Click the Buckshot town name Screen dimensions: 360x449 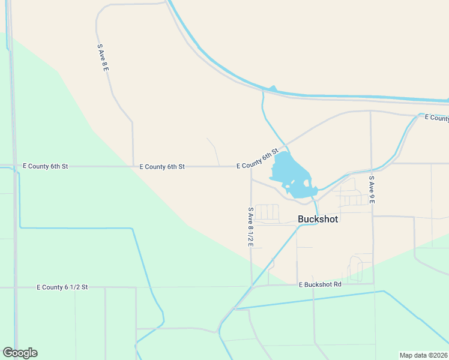(318, 219)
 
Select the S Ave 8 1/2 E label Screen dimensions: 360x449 (251, 227)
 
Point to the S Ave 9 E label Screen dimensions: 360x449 (372, 190)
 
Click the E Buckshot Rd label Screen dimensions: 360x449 (320, 284)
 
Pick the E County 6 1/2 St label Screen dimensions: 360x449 (62, 287)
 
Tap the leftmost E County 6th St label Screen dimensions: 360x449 (45, 166)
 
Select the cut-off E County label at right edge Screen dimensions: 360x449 (436, 118)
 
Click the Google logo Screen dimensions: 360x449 (20, 353)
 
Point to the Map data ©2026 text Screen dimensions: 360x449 (423, 355)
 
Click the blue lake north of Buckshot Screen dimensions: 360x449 (287, 172)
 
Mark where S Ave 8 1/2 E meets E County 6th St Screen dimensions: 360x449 (251, 166)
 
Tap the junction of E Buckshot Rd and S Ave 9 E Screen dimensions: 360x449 (373, 284)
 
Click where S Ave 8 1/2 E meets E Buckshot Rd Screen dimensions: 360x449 (252, 286)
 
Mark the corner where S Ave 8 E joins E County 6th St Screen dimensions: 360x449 (133, 166)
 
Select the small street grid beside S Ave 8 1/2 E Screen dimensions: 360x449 (267, 212)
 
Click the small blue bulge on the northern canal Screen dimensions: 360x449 (272, 89)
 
